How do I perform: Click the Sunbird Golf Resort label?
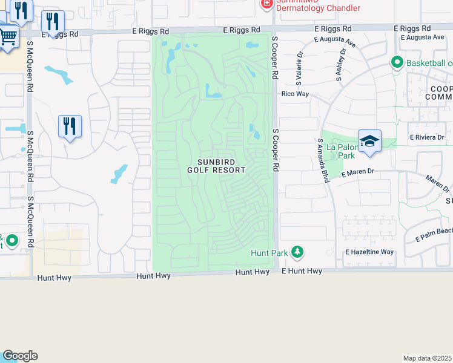222,166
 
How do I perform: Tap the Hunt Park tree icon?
297,251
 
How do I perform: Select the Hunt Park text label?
269,252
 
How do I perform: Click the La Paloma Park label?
340,151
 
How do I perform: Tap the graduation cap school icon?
369,141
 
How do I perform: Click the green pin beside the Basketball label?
397,62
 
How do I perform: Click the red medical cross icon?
266,4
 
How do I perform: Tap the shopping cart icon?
7,37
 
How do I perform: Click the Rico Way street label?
295,94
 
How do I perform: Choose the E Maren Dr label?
359,173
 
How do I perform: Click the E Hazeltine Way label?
369,252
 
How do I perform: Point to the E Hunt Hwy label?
302,272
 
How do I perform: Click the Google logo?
20,356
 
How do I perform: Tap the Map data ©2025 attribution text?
428,358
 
